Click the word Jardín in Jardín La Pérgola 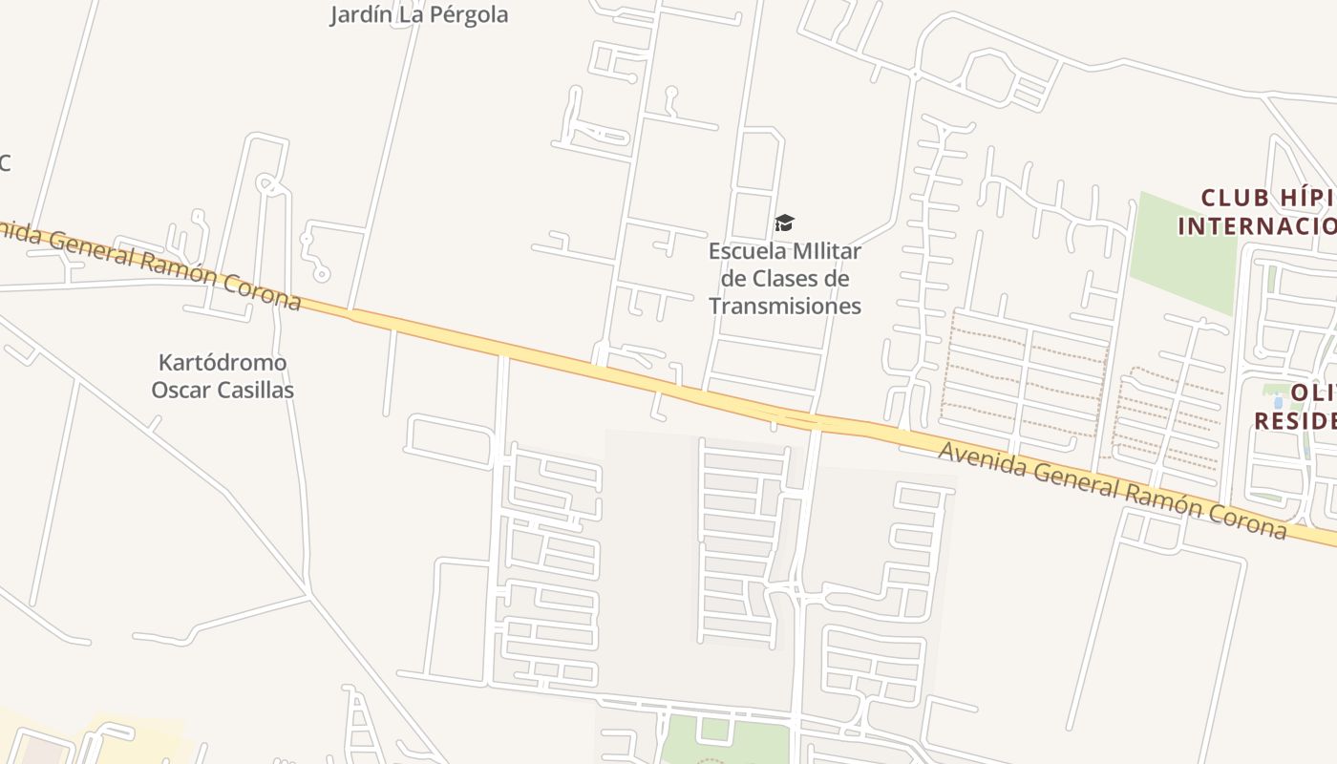click(359, 15)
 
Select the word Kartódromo click(223, 363)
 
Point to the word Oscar click(181, 390)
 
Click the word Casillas click(255, 390)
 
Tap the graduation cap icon click(784, 223)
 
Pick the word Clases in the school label click(786, 279)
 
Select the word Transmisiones click(785, 306)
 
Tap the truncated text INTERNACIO click(1257, 226)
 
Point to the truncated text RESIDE click(1295, 420)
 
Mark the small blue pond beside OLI click(1279, 402)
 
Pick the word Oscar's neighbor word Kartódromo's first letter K click(165, 363)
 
